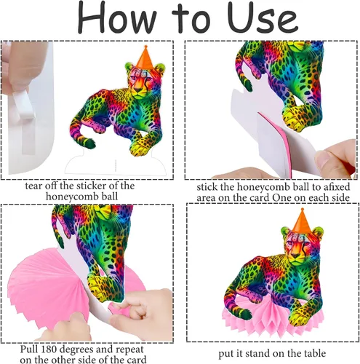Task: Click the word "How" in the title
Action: click(117, 17)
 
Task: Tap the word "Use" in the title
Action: click(263, 17)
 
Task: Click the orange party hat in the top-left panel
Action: click(145, 58)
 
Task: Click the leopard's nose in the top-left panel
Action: click(138, 90)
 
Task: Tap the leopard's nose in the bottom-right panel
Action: click(295, 256)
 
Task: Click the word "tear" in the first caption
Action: click(34, 186)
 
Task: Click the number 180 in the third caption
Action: click(47, 349)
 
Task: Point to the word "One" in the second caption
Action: click(282, 198)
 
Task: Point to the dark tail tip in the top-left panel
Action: click(89, 143)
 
